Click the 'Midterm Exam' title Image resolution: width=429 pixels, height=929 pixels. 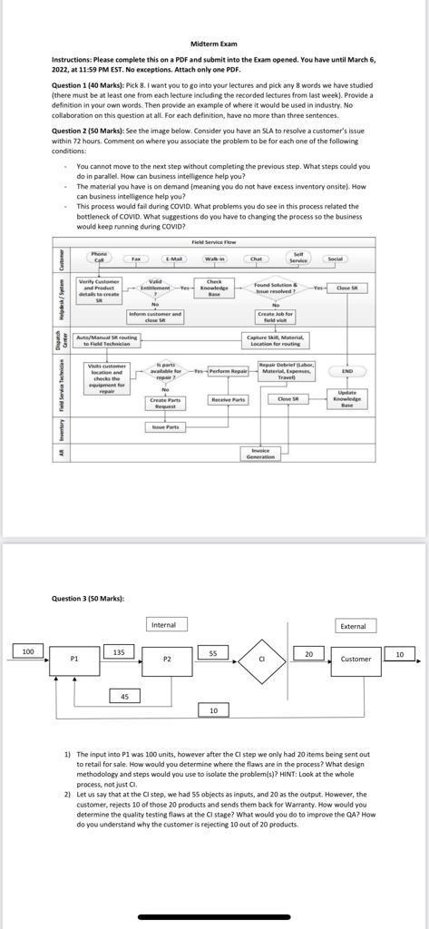click(214, 44)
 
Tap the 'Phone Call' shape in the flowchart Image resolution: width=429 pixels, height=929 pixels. click(99, 258)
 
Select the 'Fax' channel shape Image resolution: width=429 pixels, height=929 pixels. click(135, 259)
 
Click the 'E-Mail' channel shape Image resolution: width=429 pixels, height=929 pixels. click(172, 259)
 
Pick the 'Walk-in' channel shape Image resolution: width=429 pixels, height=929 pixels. click(214, 259)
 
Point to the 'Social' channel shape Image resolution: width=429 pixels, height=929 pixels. click(336, 259)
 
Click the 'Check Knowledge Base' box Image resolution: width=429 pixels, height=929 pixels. click(214, 288)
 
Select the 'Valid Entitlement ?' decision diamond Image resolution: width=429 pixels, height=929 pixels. click(155, 288)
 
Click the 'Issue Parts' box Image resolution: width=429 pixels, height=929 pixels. click(165, 426)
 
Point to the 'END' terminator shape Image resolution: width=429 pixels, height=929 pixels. click(346, 372)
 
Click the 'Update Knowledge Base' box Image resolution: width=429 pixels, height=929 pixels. click(346, 399)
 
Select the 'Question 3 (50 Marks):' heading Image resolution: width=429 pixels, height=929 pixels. click(88, 598)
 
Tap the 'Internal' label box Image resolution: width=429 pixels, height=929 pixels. click(163, 624)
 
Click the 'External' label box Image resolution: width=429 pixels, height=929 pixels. click(353, 626)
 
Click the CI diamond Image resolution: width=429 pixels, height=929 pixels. click(261, 659)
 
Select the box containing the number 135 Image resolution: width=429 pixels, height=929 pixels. click(119, 652)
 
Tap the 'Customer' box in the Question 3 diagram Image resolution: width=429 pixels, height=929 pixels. click(356, 660)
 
